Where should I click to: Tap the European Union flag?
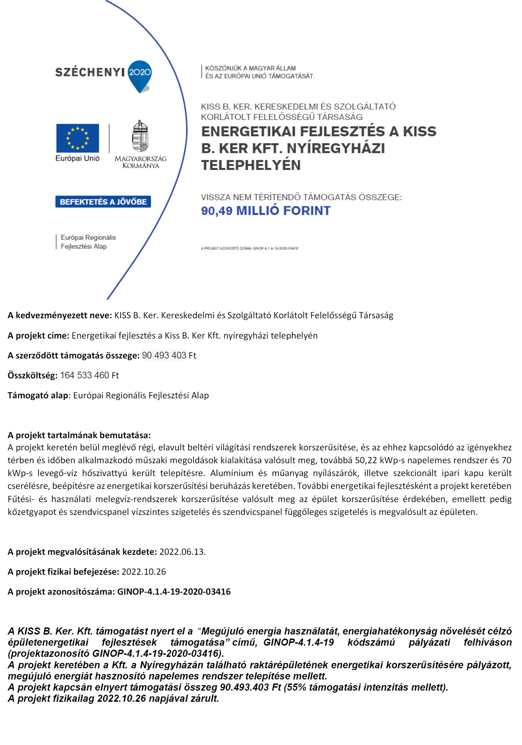(78, 138)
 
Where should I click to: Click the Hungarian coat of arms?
(140, 136)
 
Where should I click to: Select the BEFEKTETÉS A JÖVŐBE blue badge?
(103, 202)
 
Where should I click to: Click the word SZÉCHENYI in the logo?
(90, 72)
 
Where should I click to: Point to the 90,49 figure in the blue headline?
(217, 211)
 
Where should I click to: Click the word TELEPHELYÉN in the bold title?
(251, 165)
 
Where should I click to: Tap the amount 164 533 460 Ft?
(90, 375)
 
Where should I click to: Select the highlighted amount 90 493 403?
(164, 355)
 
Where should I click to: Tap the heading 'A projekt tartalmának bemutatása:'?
(79, 435)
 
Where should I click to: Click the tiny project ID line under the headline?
(249, 248)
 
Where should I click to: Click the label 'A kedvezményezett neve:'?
(60, 316)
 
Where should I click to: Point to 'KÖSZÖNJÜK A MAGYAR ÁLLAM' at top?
(250, 68)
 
